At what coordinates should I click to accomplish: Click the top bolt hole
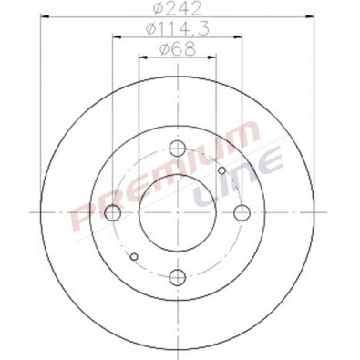(x=178, y=149)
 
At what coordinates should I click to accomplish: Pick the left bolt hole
(x=114, y=213)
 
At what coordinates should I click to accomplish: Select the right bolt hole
(x=242, y=213)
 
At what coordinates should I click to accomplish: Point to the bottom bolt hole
(x=178, y=277)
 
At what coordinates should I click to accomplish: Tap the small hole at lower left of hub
(x=134, y=256)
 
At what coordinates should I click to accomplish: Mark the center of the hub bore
(x=178, y=213)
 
